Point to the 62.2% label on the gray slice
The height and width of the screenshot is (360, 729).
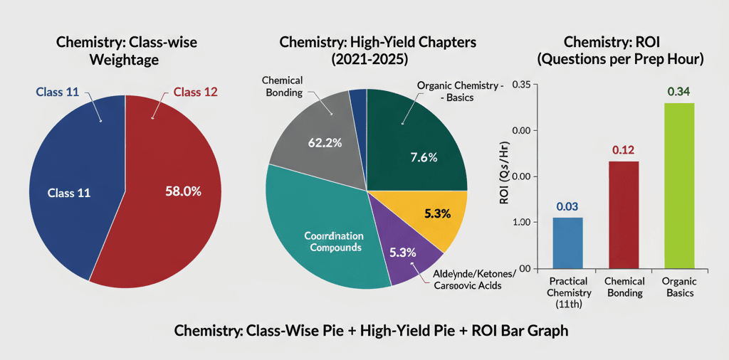pyautogui.click(x=325, y=142)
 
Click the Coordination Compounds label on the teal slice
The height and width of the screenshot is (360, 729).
pyautogui.click(x=333, y=241)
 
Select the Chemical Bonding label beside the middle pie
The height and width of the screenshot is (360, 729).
pyautogui.click(x=283, y=87)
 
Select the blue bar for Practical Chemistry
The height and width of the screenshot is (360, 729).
pyautogui.click(x=567, y=242)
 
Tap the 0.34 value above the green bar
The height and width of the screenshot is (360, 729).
pyautogui.click(x=678, y=92)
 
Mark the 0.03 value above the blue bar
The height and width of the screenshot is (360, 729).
pyautogui.click(x=567, y=206)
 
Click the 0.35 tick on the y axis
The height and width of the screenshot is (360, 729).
pyautogui.click(x=521, y=85)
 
